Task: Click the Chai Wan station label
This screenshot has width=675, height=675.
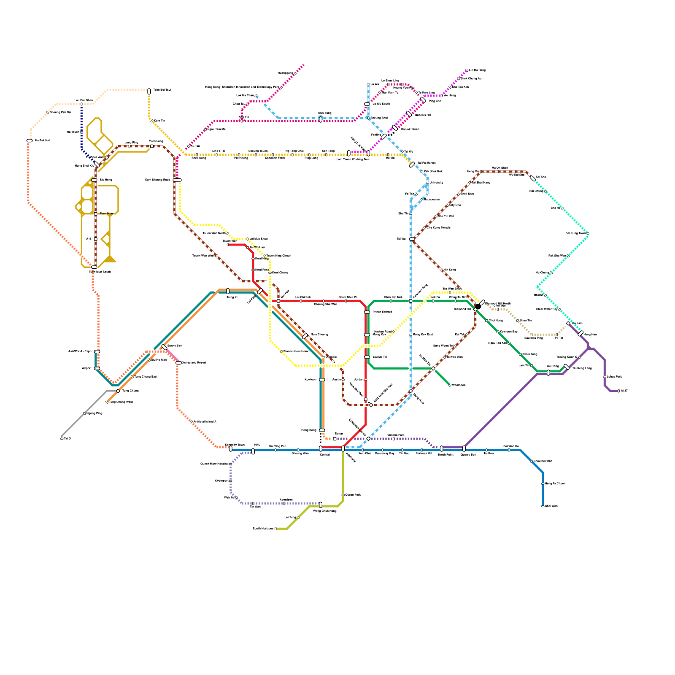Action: click(x=551, y=506)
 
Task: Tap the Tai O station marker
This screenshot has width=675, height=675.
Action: click(x=62, y=439)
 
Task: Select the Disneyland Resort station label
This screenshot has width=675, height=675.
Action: click(x=194, y=363)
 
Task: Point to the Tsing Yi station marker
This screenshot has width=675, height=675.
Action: click(x=228, y=291)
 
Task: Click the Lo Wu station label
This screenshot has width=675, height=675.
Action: click(x=375, y=84)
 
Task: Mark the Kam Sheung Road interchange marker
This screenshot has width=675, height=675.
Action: click(x=177, y=180)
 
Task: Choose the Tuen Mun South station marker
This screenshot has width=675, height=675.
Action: click(x=94, y=267)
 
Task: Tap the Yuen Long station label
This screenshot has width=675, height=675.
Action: click(x=156, y=141)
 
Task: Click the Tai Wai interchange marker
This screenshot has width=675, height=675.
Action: click(x=412, y=239)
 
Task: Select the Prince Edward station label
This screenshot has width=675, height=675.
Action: click(x=382, y=312)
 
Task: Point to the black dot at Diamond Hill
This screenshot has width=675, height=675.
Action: click(x=478, y=306)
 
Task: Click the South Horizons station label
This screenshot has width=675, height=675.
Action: click(x=263, y=529)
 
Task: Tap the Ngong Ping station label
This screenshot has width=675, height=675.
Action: click(x=94, y=413)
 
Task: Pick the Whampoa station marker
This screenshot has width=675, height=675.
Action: click(x=450, y=385)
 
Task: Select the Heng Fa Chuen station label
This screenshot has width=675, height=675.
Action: click(x=555, y=483)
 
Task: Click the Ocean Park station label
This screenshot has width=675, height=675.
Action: click(x=353, y=495)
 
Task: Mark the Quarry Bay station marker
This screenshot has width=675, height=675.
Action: click(x=464, y=448)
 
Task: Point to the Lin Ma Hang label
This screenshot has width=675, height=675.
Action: click(x=477, y=70)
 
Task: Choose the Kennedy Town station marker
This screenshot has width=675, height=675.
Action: click(x=231, y=449)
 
